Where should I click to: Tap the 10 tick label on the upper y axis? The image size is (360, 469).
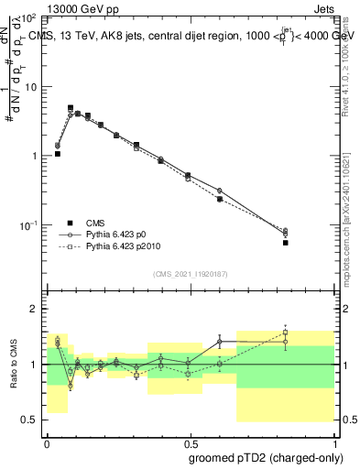[x=31, y=87]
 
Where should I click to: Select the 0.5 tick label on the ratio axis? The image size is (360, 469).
[x=30, y=420]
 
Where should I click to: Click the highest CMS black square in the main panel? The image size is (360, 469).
[x=71, y=107]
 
